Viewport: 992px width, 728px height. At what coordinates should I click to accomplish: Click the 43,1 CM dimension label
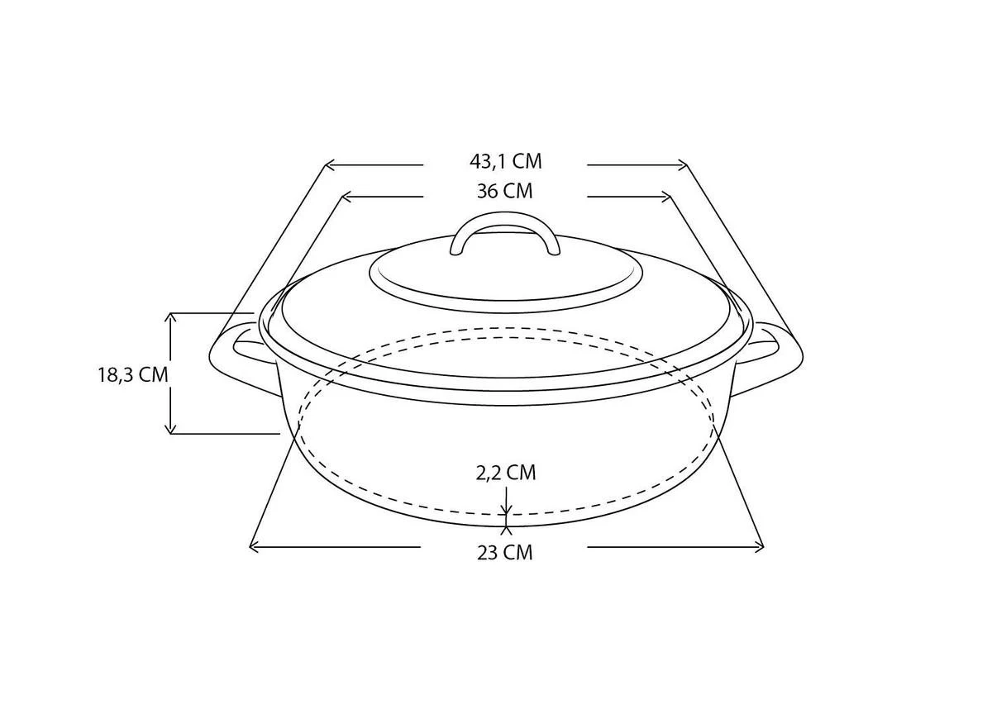[x=505, y=161]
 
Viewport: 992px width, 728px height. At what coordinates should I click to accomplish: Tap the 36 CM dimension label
[x=505, y=192]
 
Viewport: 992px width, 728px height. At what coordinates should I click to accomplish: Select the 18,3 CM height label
[x=133, y=374]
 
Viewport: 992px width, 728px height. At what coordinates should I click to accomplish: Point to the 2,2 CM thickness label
[x=505, y=473]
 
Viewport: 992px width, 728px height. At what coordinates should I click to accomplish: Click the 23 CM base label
[x=504, y=552]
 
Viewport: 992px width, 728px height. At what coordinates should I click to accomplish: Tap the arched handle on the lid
[x=505, y=223]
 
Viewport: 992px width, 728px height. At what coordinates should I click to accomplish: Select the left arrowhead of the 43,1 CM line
[x=328, y=165]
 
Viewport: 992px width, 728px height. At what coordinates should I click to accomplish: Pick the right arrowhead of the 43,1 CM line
[x=683, y=165]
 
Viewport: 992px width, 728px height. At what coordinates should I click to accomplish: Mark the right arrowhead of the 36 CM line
[x=666, y=197]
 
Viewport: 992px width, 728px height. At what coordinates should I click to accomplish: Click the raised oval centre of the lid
[x=505, y=273]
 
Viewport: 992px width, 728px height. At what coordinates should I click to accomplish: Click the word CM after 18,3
[x=153, y=374]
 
